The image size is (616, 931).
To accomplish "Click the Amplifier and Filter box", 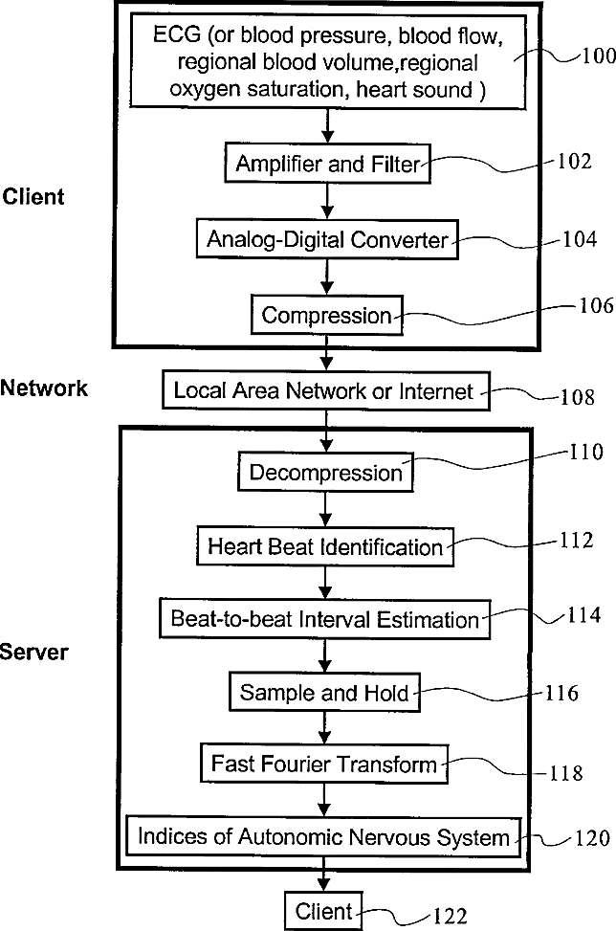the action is coord(327,163).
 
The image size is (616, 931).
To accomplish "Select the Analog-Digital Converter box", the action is coord(327,239).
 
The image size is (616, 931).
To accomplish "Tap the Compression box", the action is coord(326,315).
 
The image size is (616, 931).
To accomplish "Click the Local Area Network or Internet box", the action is coord(326,390).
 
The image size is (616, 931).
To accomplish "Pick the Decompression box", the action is coord(325,472).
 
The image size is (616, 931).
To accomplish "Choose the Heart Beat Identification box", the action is coord(325,546).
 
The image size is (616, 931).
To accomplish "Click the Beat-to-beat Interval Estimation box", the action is coord(324,619).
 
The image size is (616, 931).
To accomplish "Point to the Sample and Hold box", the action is coord(324,693).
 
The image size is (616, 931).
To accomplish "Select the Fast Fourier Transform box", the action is coord(324,763).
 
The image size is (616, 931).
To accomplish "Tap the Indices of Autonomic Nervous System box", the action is coord(323,837).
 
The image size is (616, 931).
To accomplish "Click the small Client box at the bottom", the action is coord(323,911).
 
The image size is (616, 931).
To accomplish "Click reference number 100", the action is coord(598,55).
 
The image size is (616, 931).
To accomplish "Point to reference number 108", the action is coord(578,397).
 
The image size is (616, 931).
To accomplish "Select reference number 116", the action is coord(561,693).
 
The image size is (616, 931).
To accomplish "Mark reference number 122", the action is coord(450,916).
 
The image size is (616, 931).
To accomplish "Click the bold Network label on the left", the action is coord(44,388).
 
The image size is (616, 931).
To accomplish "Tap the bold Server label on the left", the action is coord(33,652).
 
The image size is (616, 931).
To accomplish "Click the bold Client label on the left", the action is coord(33,196).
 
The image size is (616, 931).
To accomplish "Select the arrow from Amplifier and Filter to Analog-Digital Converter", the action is coord(327,201).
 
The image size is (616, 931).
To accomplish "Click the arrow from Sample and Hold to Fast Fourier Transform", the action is coord(324,727).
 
